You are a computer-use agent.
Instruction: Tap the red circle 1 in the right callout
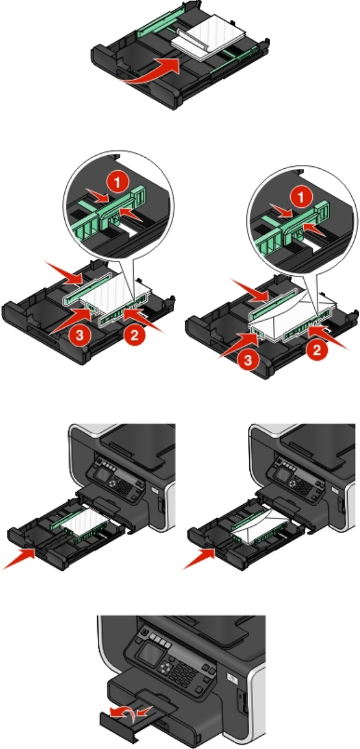point(301,197)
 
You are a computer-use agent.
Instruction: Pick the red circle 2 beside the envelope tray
point(317,349)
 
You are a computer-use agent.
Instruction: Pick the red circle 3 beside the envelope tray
point(248,360)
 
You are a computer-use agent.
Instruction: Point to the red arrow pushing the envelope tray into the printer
point(200,559)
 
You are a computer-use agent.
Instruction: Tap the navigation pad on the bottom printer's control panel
point(165,667)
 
